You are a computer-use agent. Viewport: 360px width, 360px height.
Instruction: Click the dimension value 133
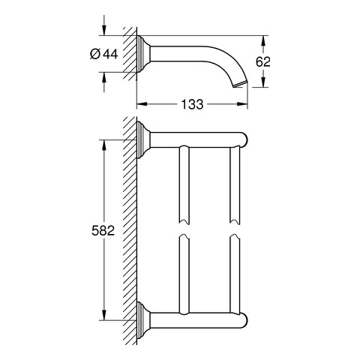(192, 104)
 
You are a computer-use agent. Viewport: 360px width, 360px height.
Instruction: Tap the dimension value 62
(263, 61)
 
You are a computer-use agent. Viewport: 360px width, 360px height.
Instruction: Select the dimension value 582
(103, 230)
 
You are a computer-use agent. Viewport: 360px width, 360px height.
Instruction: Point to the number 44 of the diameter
(110, 54)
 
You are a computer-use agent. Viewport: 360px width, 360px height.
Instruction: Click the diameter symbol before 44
(95, 54)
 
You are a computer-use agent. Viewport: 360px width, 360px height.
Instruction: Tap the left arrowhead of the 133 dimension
(141, 104)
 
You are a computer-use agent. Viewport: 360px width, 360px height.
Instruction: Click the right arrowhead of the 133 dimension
(243, 104)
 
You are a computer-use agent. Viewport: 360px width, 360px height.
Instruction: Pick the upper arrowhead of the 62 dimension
(263, 40)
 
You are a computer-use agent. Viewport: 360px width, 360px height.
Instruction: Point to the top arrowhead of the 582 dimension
(104, 144)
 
